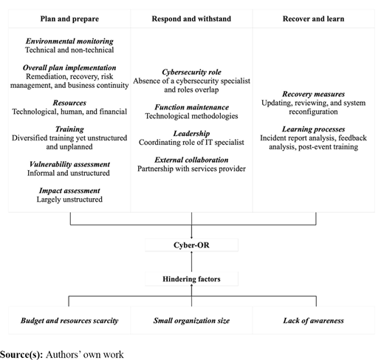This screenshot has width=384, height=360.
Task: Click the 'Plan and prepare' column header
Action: tap(69, 18)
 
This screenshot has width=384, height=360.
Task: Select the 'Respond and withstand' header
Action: tap(191, 18)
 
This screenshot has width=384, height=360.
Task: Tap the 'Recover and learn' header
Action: tap(313, 18)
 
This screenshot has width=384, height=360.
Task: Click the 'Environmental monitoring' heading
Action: tap(69, 41)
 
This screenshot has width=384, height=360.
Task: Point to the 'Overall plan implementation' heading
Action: tap(69, 67)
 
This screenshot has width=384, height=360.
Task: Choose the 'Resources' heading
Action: tap(69, 103)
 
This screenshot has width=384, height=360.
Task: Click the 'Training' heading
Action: tap(69, 129)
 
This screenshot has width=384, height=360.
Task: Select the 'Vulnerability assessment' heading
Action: tap(69, 164)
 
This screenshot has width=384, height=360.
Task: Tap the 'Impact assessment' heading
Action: tap(69, 191)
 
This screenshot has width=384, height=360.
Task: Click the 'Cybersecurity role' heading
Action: tap(191, 72)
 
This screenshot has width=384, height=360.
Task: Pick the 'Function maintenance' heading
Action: tap(191, 107)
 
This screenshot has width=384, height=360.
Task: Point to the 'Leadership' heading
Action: tap(191, 133)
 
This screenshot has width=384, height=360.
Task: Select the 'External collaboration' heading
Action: tap(191, 160)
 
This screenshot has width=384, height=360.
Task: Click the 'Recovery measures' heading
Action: tap(313, 94)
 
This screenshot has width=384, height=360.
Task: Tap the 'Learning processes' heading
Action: tap(313, 129)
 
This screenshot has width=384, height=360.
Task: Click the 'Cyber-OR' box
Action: tap(191, 245)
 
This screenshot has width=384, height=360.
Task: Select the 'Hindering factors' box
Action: tap(191, 279)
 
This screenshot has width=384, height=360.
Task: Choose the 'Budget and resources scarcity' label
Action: tap(69, 320)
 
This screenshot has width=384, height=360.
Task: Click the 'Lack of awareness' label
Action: tap(313, 320)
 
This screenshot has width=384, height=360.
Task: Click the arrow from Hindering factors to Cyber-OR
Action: tap(191, 262)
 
